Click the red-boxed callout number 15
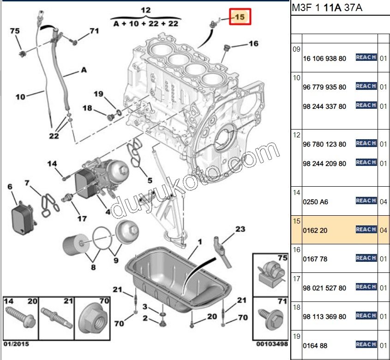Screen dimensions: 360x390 (x=240, y=18)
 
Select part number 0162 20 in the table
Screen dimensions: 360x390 (x=315, y=230)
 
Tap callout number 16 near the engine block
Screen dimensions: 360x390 (x=253, y=44)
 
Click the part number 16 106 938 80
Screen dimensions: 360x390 (x=324, y=59)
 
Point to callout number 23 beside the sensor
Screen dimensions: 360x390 (x=240, y=229)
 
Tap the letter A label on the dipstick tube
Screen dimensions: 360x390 (x=84, y=70)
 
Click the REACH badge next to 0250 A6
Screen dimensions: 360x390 (x=366, y=201)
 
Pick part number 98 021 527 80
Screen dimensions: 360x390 (x=324, y=288)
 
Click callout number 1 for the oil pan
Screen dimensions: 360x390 (x=200, y=242)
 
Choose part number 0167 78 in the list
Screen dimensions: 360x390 (x=315, y=259)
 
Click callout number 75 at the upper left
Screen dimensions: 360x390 (x=15, y=31)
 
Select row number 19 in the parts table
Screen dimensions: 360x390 (x=296, y=336)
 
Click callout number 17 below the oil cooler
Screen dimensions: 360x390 (x=82, y=218)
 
